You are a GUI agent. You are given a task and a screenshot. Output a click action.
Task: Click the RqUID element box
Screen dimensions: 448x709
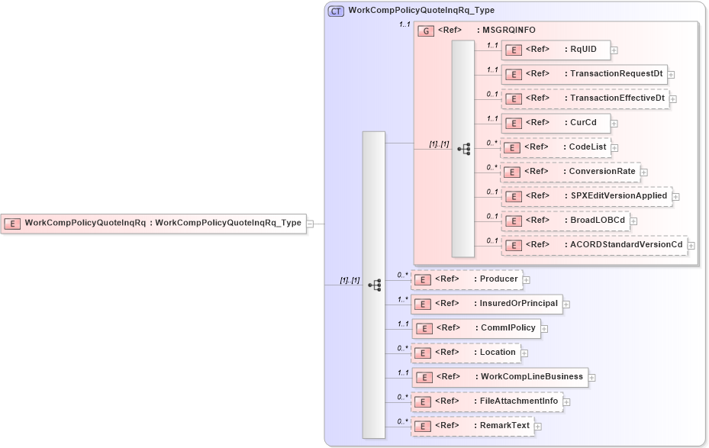[555, 50]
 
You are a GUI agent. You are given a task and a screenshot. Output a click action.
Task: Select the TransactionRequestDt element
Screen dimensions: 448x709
[584, 74]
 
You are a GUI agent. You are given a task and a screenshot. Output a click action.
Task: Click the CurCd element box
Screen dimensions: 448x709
[555, 122]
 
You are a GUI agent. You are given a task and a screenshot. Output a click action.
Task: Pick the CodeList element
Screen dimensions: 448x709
[554, 147]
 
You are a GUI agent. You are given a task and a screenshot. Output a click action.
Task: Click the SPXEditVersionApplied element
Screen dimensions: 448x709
[586, 196]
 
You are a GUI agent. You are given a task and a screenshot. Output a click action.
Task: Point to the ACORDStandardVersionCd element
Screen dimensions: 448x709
[594, 245]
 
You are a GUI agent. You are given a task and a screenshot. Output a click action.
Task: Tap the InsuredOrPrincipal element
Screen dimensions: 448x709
[487, 304]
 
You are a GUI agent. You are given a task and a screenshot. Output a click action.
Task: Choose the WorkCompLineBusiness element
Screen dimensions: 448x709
[499, 377]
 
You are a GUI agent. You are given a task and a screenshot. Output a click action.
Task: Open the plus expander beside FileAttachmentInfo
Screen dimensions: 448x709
[567, 402]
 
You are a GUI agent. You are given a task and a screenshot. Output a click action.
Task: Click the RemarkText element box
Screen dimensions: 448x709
[472, 426]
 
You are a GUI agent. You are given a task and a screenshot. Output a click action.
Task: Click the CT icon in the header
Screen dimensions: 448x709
[336, 11]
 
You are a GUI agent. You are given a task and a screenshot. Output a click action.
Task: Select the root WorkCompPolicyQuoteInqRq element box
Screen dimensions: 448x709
[153, 224]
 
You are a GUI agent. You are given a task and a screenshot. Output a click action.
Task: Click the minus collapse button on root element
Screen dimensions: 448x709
[311, 224]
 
